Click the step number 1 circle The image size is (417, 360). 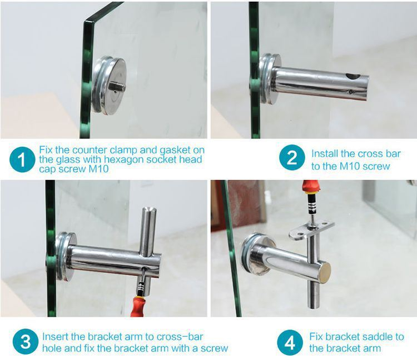coord(22,161)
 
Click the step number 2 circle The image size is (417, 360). coord(291,159)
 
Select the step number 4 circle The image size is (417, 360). coord(290,343)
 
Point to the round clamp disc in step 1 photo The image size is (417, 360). coord(110,86)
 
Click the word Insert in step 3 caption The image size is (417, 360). coord(55,337)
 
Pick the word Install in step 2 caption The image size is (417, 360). coord(325,153)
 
